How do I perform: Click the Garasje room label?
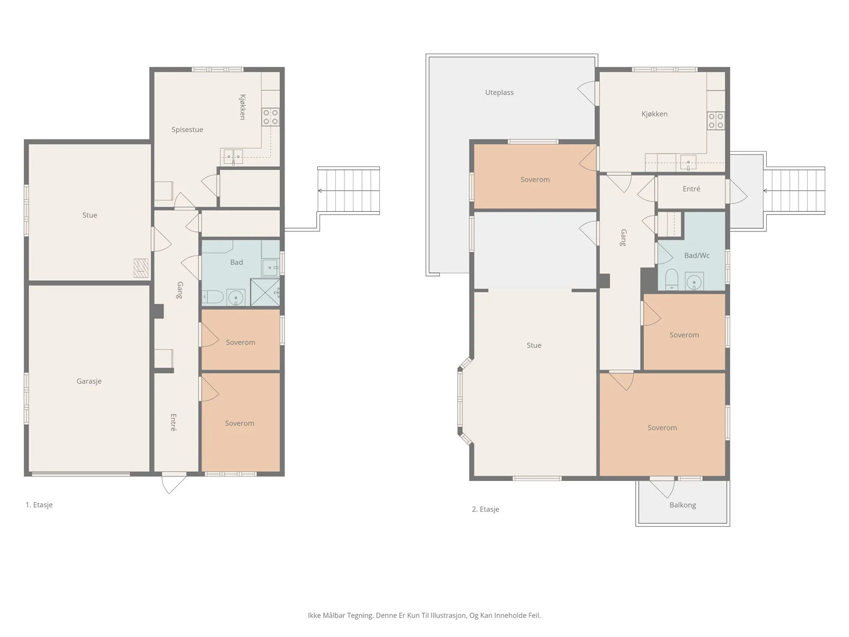89,381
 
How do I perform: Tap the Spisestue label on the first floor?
187,130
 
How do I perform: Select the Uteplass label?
499,92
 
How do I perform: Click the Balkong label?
683,505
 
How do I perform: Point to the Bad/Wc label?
697,255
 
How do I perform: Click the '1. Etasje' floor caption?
39,505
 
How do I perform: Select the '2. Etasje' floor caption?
486,510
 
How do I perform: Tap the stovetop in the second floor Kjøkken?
716,120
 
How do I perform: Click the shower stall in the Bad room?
265,292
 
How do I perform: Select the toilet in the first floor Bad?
213,297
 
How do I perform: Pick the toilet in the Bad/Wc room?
671,279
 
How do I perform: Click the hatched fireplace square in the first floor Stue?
141,268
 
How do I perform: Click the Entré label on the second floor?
691,189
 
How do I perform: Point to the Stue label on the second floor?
534,346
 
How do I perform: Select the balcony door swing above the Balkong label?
662,488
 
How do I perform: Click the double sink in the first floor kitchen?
233,157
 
